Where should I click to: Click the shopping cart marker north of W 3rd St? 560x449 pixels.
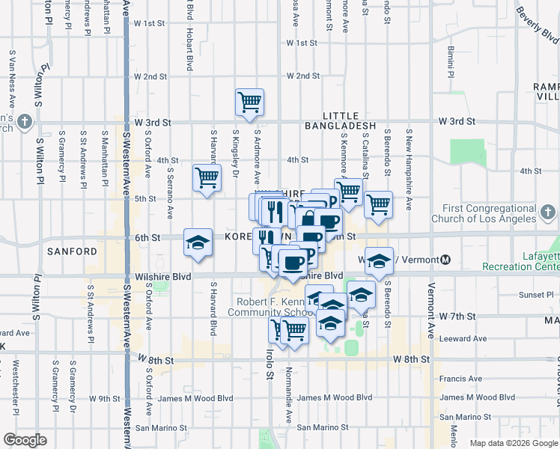[x=249, y=102]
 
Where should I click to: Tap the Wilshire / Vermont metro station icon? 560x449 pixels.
[x=445, y=260]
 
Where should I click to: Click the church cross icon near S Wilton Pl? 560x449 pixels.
[x=25, y=120]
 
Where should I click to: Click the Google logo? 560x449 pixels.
[x=25, y=440]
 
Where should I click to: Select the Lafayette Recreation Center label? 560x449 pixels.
[x=531, y=261]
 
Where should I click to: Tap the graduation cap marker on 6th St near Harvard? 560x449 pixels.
[x=198, y=242]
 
